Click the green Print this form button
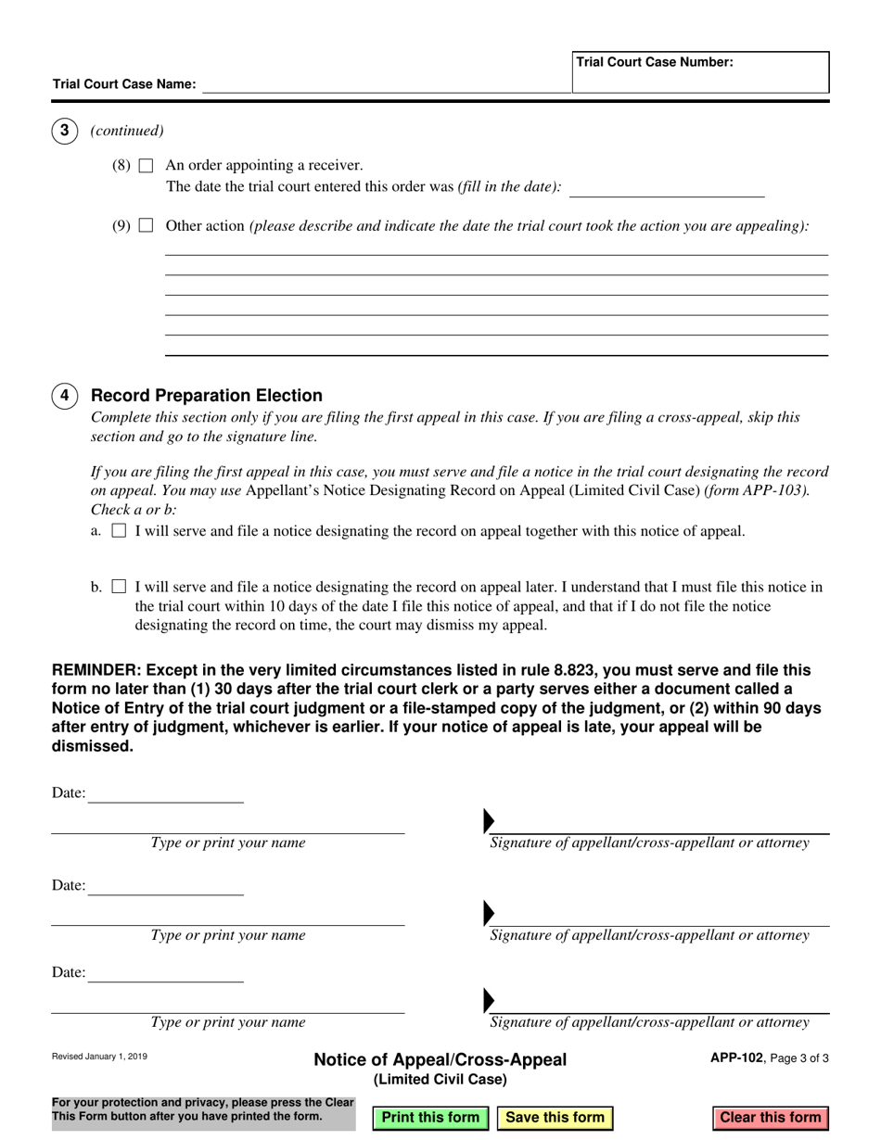click(x=430, y=1117)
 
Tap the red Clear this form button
click(x=770, y=1117)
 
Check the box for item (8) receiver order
click(x=146, y=166)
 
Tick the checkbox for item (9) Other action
click(x=146, y=225)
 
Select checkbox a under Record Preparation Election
click(x=119, y=532)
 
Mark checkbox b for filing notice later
click(x=119, y=587)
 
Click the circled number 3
click(x=64, y=131)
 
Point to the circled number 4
click(x=64, y=396)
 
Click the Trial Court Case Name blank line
click(x=385, y=84)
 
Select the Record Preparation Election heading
click(x=207, y=396)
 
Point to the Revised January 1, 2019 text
click(x=99, y=1057)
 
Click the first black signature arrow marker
click(x=489, y=821)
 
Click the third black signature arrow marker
click(x=489, y=1000)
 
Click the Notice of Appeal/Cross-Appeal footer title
click(x=440, y=1060)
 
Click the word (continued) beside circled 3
click(x=127, y=131)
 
